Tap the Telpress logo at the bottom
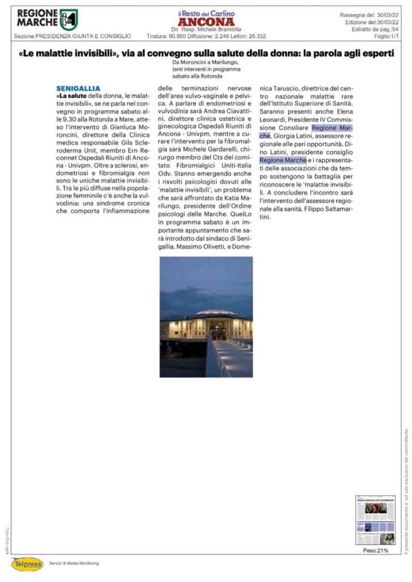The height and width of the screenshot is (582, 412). click(x=27, y=563)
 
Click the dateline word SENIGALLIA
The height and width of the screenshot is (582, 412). click(x=79, y=89)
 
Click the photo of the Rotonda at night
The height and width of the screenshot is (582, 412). click(x=206, y=316)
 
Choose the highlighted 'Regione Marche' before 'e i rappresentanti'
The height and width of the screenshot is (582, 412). click(x=283, y=160)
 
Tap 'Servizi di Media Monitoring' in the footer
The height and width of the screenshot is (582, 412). click(x=74, y=563)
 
